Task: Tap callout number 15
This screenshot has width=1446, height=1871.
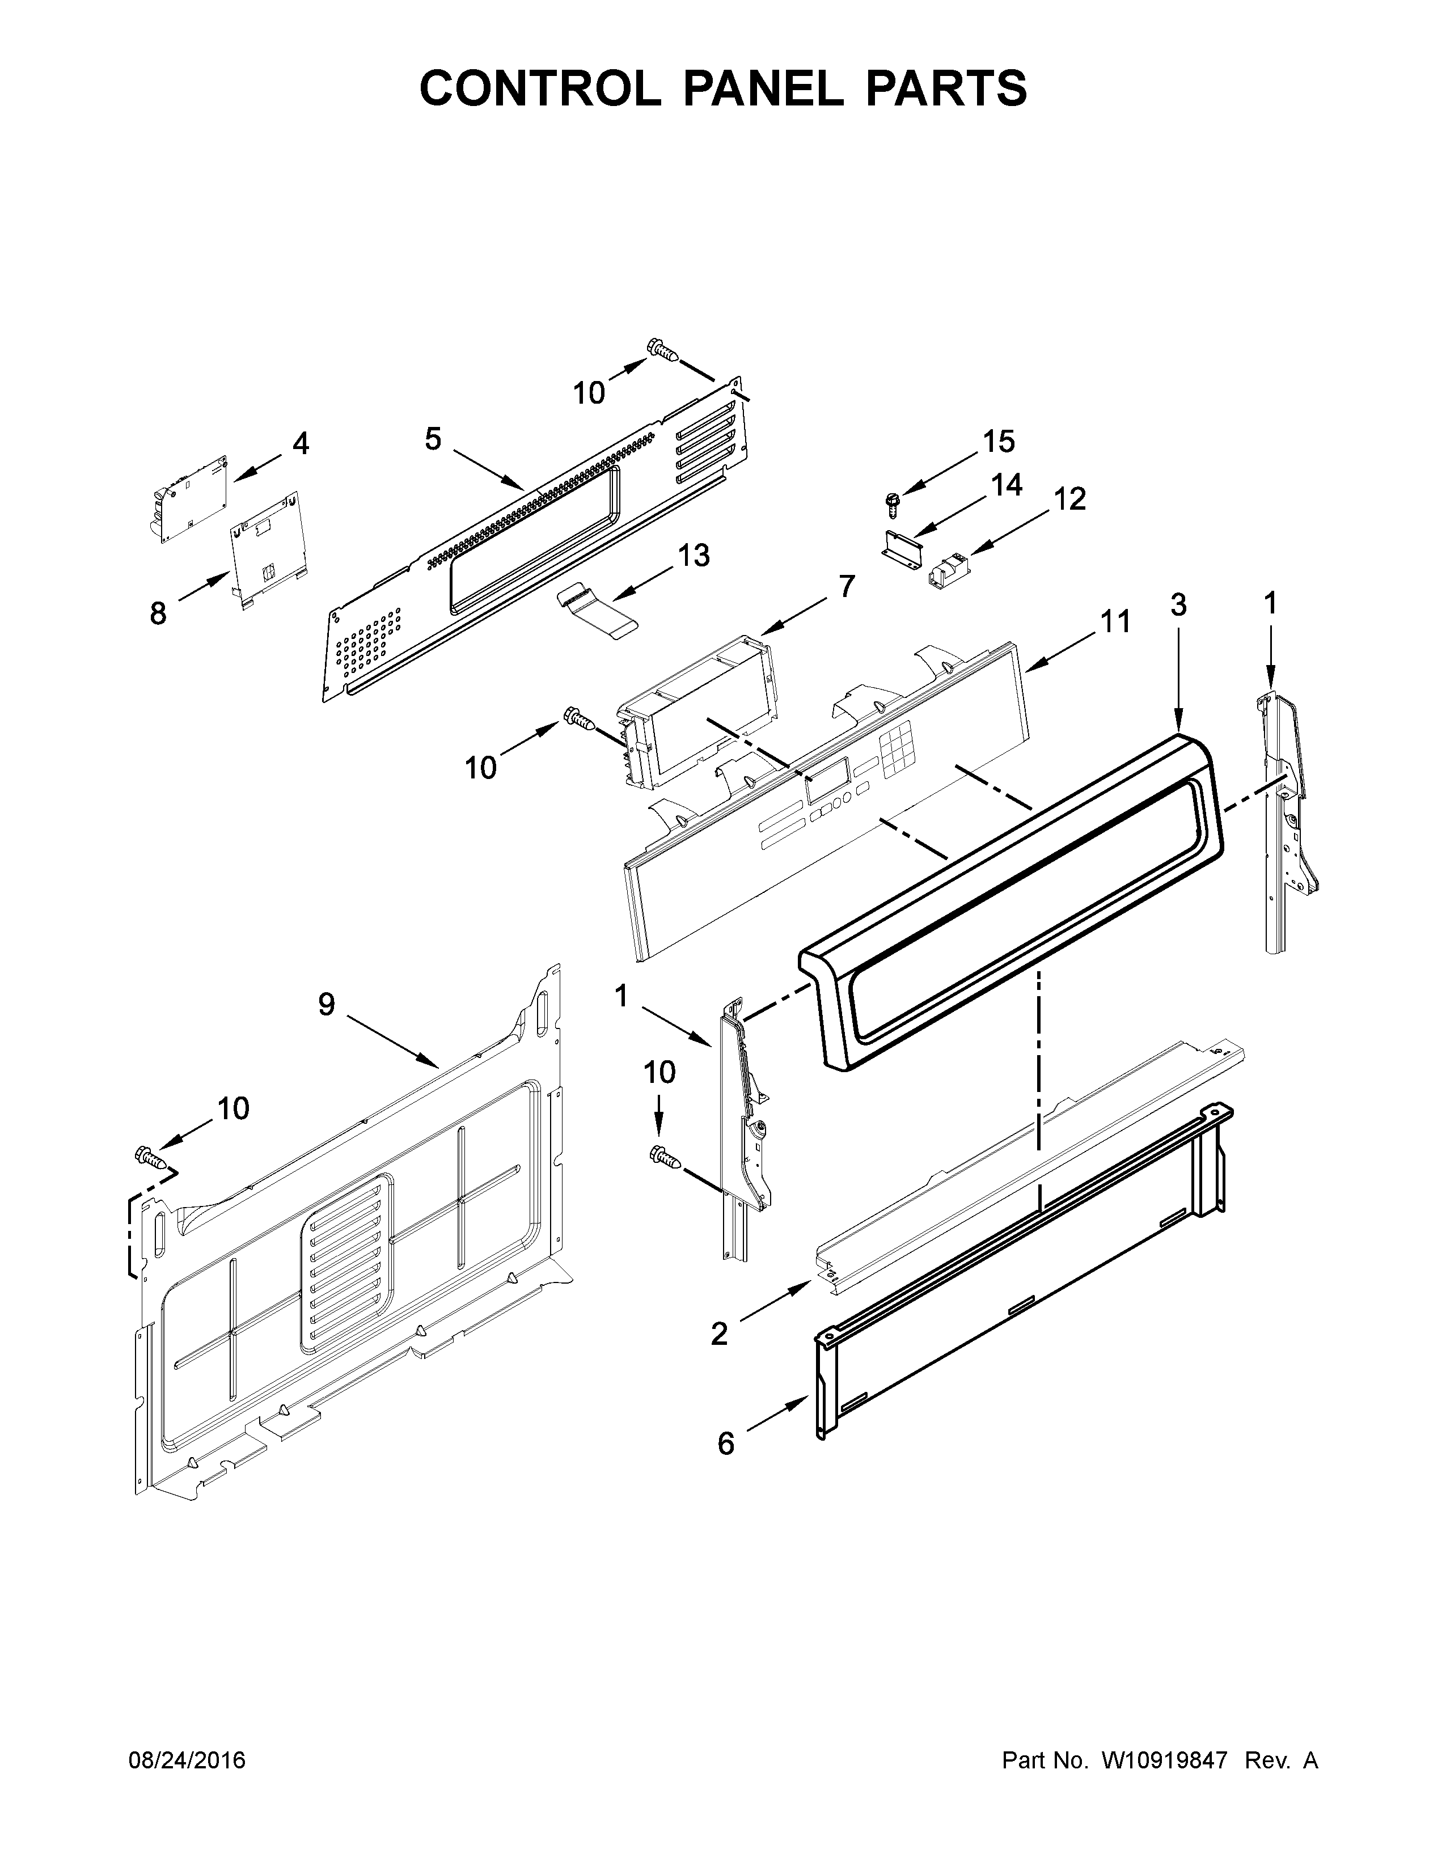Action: click(x=998, y=442)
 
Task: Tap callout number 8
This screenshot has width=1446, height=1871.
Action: click(x=158, y=613)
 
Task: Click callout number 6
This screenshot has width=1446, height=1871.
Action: click(x=726, y=1444)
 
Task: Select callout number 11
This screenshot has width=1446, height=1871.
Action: click(x=1115, y=621)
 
